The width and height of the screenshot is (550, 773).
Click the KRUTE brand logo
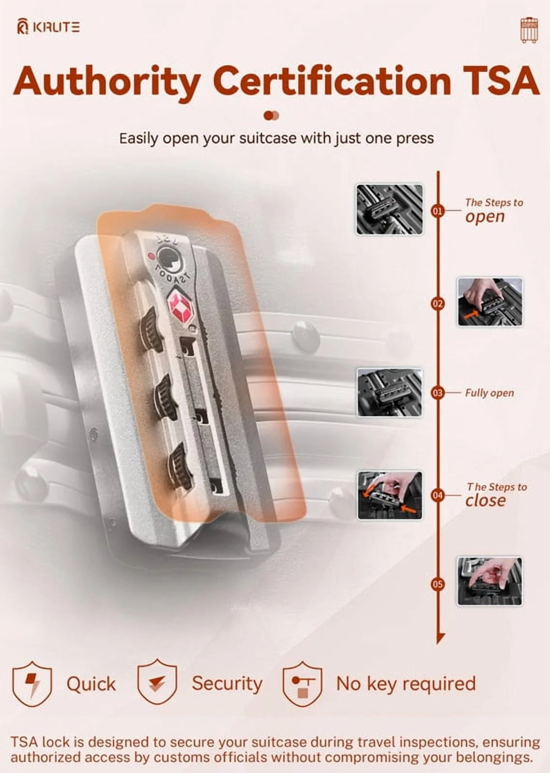pyautogui.click(x=48, y=27)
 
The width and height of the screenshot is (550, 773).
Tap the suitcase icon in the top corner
pyautogui.click(x=528, y=31)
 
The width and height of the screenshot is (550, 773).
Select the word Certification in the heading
pyautogui.click(x=333, y=82)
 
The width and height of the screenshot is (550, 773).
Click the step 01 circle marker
pyautogui.click(x=438, y=212)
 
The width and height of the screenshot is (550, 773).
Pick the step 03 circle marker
pyautogui.click(x=438, y=393)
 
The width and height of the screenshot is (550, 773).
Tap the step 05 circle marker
pyautogui.click(x=438, y=584)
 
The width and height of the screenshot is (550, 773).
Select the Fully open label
pyautogui.click(x=489, y=393)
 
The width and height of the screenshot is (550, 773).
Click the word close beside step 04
pyautogui.click(x=485, y=501)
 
